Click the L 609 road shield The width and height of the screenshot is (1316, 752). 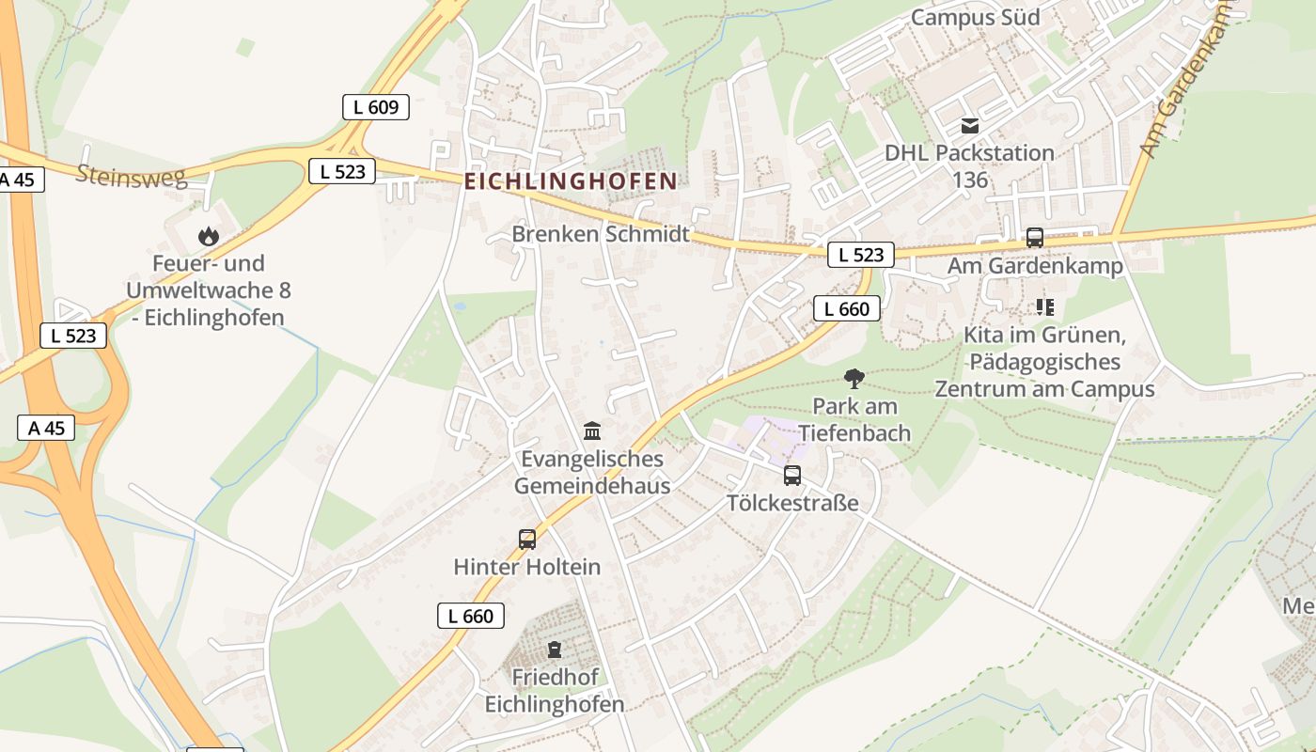tap(376, 107)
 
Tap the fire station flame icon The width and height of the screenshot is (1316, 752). tap(208, 236)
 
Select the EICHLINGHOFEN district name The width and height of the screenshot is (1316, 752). tap(571, 181)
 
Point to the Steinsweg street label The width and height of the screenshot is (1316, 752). tap(132, 176)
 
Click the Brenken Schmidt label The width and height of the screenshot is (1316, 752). tap(601, 234)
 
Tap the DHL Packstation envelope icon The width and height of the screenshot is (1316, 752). tap(969, 126)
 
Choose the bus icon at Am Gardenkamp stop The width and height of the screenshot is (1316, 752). tap(1035, 238)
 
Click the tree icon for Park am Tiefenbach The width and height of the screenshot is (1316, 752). tap(854, 379)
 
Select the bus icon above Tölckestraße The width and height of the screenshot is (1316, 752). tap(792, 476)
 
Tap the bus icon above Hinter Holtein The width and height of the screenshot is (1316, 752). tap(527, 540)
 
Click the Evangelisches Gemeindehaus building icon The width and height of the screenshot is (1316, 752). tap(592, 431)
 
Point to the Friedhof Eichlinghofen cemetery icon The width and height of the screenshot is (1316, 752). tap(555, 650)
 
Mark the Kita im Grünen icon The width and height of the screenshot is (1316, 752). tap(1044, 307)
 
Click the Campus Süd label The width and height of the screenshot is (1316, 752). tap(976, 17)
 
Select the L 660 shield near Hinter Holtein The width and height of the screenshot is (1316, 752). tap(471, 616)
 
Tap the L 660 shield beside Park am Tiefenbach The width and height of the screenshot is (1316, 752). tap(847, 308)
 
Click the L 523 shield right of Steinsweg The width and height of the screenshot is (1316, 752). tap(342, 171)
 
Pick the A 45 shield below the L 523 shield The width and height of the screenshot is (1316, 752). tap(46, 428)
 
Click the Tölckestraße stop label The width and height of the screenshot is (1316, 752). tap(792, 503)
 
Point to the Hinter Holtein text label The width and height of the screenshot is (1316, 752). tap(526, 567)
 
